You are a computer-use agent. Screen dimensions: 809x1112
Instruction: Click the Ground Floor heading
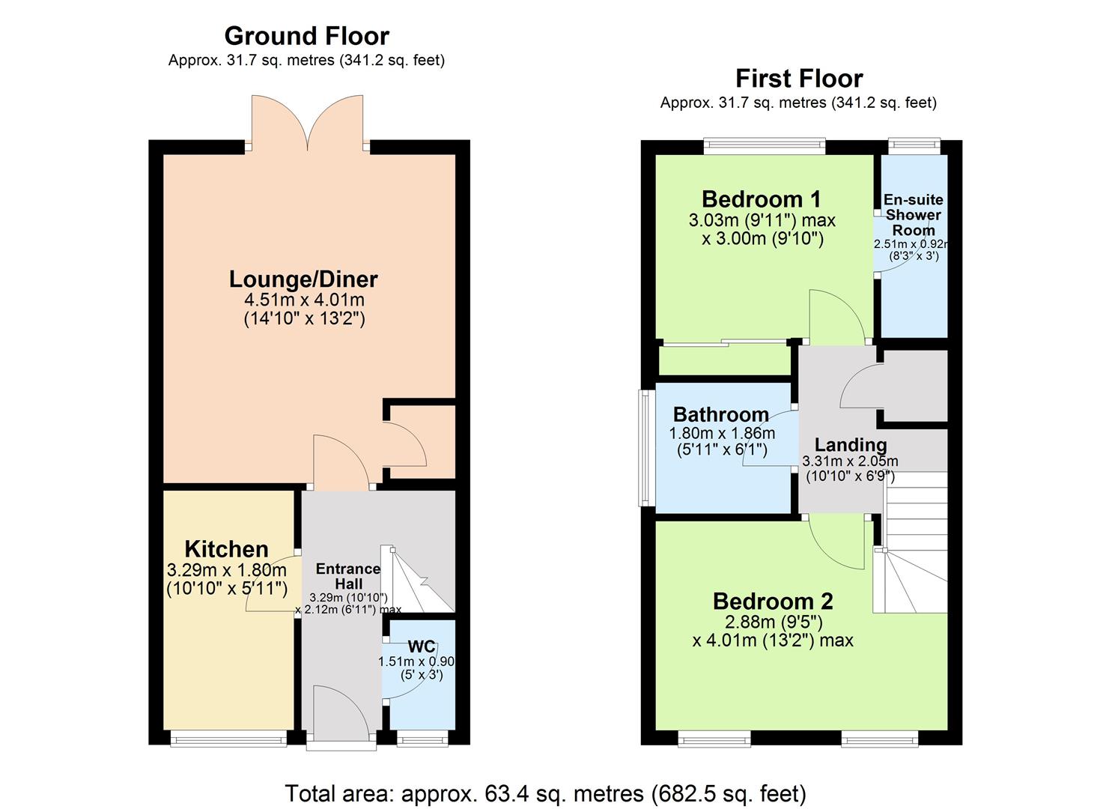click(306, 36)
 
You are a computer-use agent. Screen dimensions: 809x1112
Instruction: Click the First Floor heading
click(798, 79)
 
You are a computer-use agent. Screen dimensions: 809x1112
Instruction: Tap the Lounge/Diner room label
click(303, 279)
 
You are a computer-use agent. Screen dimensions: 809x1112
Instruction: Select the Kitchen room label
click(226, 549)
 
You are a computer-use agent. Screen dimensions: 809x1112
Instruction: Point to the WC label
click(421, 646)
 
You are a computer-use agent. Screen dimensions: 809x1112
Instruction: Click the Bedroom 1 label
click(761, 199)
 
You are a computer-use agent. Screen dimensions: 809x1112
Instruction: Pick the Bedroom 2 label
click(773, 602)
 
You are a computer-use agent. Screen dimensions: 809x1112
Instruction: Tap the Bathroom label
click(720, 414)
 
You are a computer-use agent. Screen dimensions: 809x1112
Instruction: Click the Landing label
click(850, 445)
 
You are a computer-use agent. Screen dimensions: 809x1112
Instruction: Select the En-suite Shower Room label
click(913, 215)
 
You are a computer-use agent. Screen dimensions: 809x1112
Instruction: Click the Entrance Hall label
click(348, 576)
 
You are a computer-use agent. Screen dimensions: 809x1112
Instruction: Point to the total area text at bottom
click(545, 793)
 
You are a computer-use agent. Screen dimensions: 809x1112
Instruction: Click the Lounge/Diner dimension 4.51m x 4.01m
click(304, 300)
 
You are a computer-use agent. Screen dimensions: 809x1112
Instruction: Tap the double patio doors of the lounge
click(308, 124)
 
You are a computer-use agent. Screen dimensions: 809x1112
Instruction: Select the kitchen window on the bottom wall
click(228, 739)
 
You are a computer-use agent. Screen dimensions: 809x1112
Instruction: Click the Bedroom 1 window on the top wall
click(764, 146)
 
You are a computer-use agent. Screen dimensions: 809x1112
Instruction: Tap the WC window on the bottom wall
click(423, 739)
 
